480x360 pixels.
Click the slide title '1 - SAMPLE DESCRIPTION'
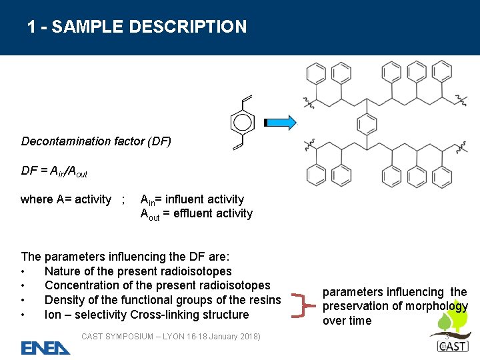(137, 27)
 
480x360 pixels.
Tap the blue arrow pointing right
(281, 122)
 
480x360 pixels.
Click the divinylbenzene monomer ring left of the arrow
(242, 122)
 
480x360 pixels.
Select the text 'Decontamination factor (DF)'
(96, 141)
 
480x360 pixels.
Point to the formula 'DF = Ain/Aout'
(54, 171)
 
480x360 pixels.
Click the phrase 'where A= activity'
(66, 199)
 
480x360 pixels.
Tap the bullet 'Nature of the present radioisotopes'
(138, 271)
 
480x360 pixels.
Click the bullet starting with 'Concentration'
(157, 285)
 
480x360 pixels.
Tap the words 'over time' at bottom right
(347, 321)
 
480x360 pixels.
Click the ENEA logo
(45, 347)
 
